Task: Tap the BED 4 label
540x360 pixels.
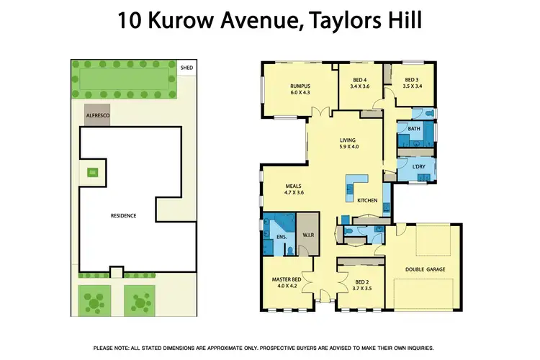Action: coord(360,80)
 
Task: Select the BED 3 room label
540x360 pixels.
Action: coord(411,80)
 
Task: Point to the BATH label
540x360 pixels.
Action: coord(414,129)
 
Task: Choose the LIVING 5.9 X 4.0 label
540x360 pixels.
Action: coord(349,143)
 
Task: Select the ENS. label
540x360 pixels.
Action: coord(280,236)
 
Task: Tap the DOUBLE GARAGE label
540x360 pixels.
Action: coord(425,269)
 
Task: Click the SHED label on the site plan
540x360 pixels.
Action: coord(186,68)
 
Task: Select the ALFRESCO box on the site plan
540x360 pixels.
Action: coord(96,115)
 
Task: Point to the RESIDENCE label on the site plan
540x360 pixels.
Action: coord(123,215)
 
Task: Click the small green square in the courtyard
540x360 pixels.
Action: coord(91,171)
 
